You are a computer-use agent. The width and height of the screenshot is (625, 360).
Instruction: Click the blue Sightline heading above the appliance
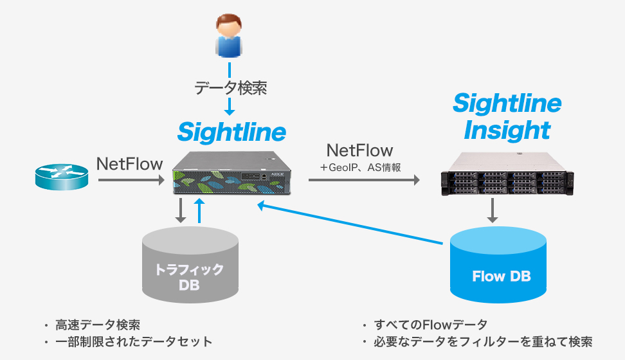[x=231, y=132]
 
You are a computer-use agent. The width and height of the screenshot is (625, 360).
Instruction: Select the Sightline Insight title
[x=507, y=116]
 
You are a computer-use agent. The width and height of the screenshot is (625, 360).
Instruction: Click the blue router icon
[x=61, y=177]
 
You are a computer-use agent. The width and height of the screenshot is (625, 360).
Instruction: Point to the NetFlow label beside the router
[x=130, y=165]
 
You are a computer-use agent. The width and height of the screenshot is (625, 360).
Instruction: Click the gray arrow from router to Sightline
[x=131, y=181]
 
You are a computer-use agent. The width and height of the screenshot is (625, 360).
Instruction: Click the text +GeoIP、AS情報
[x=360, y=168]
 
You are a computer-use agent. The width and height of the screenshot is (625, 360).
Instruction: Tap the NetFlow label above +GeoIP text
[x=359, y=151]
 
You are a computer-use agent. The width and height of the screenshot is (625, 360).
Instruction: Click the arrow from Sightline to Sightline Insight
[x=363, y=181]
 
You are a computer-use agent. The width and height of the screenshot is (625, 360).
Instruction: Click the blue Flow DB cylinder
[x=499, y=269]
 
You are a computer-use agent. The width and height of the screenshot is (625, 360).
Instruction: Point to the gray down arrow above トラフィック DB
[x=181, y=212]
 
